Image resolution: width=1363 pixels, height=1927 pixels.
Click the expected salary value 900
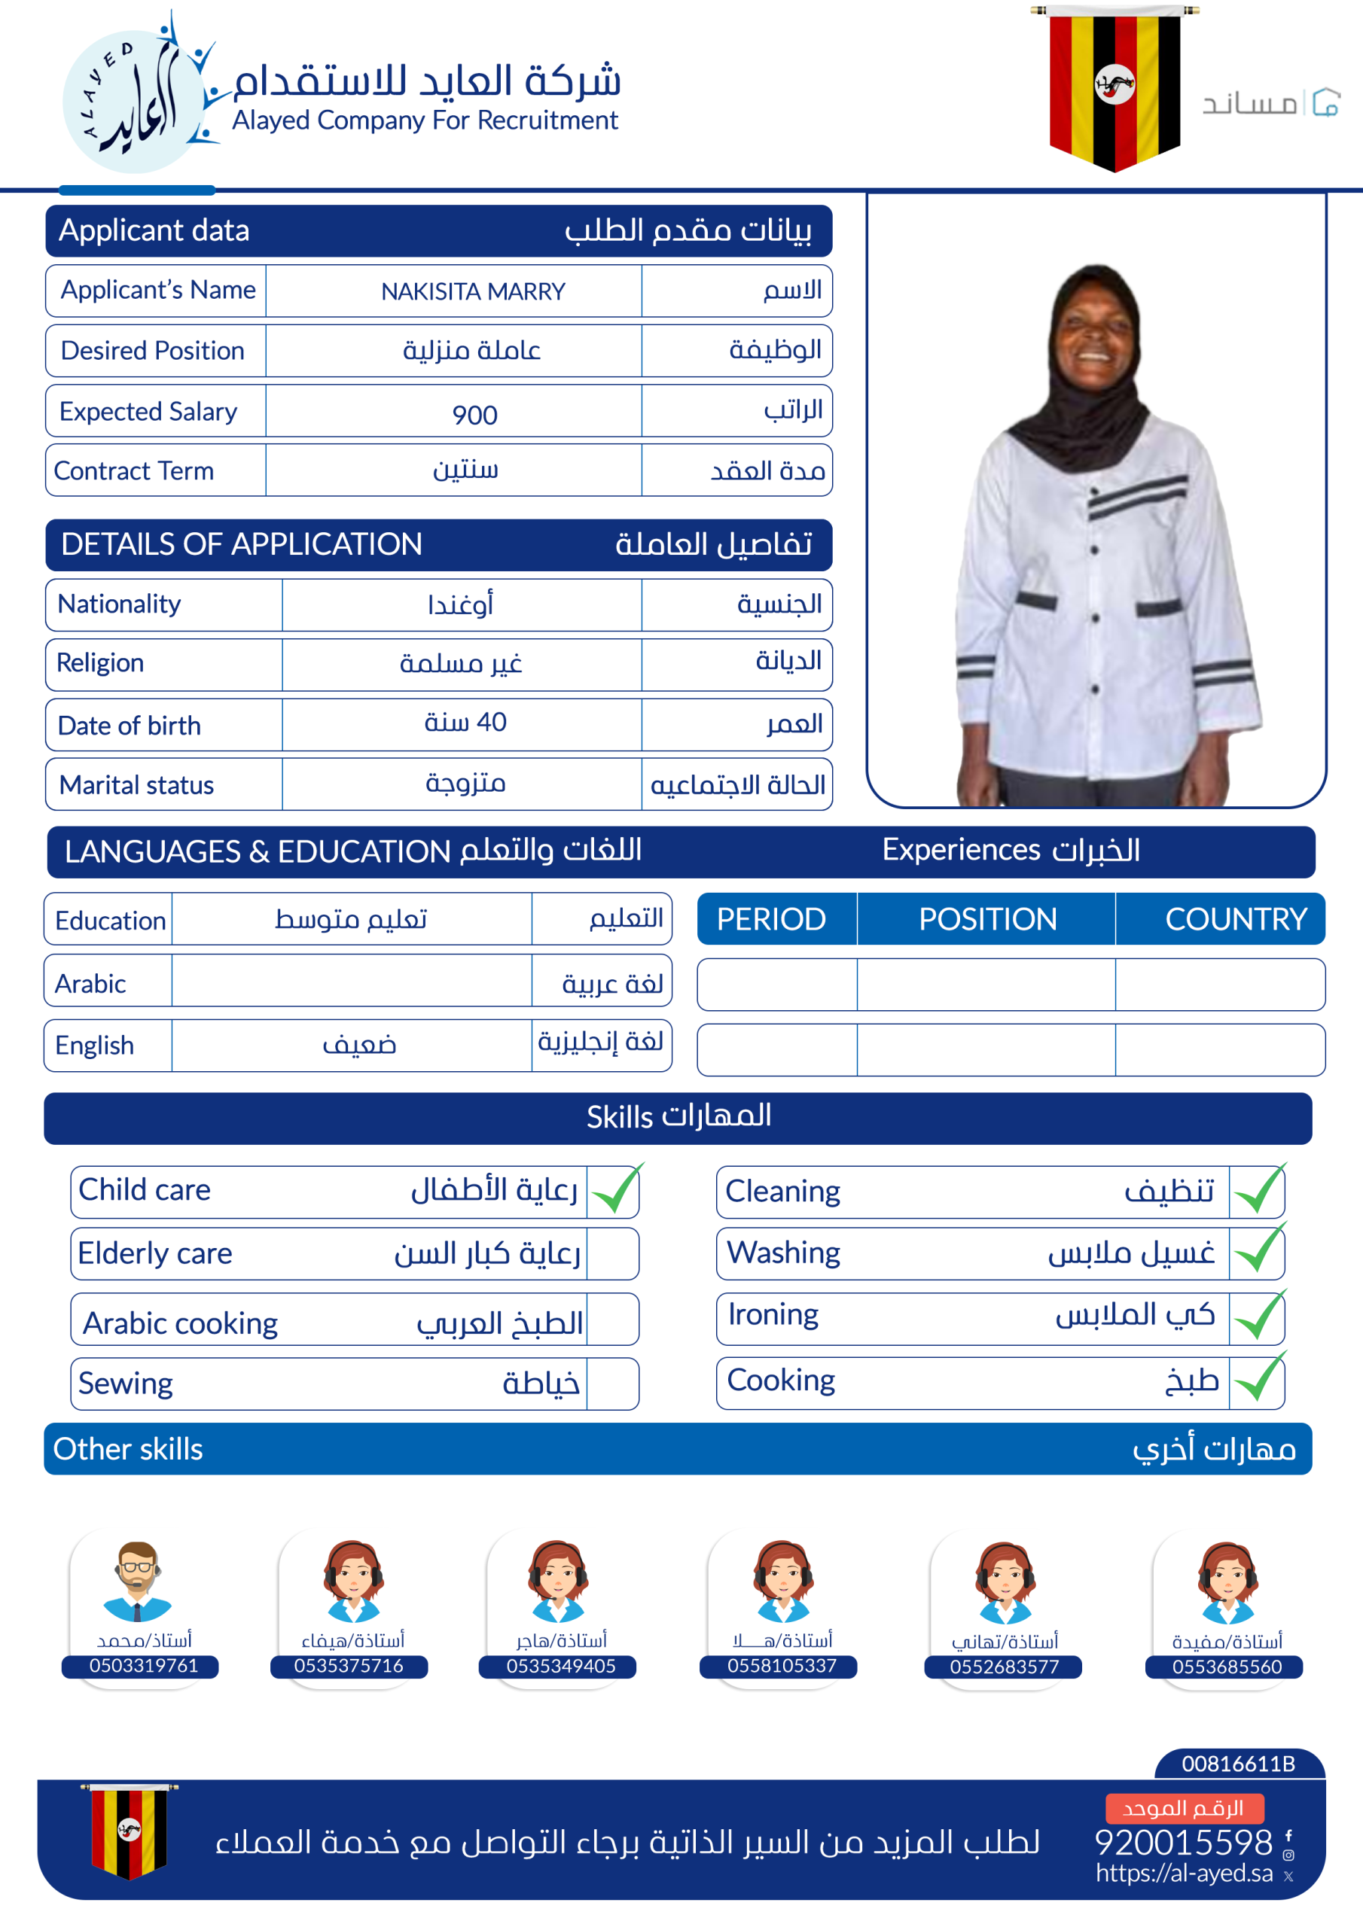tap(474, 415)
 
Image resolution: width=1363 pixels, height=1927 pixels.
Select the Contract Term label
tap(134, 471)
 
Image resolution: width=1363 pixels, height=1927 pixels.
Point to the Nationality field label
tap(119, 604)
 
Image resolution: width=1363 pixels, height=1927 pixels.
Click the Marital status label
tap(137, 785)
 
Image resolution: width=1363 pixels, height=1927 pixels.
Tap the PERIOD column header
tap(771, 919)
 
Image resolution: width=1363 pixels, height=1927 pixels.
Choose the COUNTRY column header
tap(1235, 919)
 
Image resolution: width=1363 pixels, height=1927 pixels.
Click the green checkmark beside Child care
tap(615, 1190)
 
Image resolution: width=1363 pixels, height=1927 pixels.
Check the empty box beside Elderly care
tap(612, 1254)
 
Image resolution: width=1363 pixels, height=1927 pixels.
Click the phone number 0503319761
tap(144, 1666)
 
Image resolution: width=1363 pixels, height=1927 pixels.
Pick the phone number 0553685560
tap(1227, 1667)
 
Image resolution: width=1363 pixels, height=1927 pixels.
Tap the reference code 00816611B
tap(1238, 1764)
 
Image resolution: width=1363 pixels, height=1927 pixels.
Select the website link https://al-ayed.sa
tap(1183, 1874)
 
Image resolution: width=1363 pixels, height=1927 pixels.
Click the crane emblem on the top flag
tap(1114, 84)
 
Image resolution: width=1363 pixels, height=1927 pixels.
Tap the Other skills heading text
tap(129, 1450)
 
